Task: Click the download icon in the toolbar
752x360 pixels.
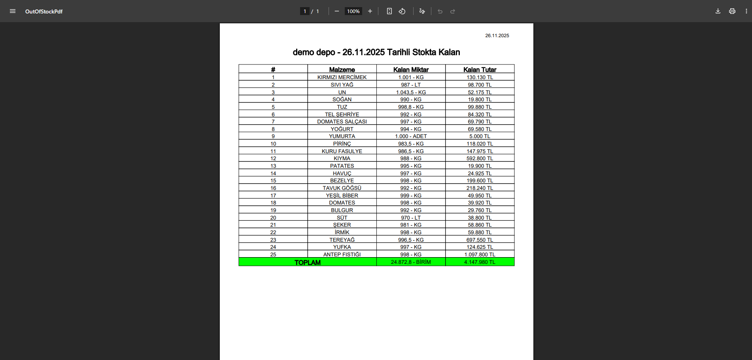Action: coord(718,11)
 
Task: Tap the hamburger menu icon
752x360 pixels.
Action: coord(13,11)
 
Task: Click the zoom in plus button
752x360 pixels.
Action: coord(370,11)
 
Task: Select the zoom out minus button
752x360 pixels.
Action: coord(337,11)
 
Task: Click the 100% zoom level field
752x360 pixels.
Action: coord(353,11)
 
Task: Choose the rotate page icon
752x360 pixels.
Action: coord(402,11)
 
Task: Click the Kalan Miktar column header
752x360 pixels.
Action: coord(411,70)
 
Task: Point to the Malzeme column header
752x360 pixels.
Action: coord(342,70)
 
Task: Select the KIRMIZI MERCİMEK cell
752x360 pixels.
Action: coord(342,78)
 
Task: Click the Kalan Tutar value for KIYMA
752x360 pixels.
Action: coord(480,159)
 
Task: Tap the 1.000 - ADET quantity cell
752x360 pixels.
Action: coord(411,136)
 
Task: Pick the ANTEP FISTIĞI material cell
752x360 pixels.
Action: coord(342,254)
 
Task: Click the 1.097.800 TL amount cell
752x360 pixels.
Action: coord(480,254)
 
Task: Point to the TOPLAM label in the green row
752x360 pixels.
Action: coord(308,262)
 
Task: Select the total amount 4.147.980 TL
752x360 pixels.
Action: coord(480,262)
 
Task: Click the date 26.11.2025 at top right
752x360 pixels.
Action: coord(497,36)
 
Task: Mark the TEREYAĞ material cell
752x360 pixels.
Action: coord(342,240)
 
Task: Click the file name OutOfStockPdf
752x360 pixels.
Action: coord(44,11)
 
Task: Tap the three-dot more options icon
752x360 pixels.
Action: coord(746,11)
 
